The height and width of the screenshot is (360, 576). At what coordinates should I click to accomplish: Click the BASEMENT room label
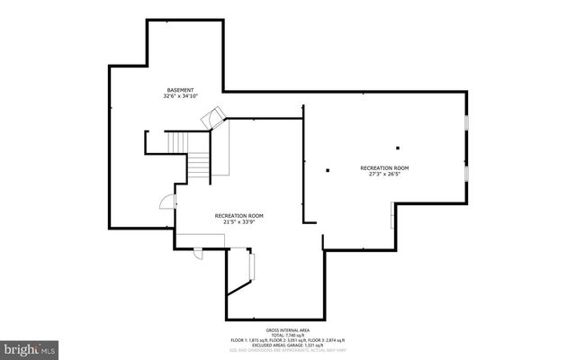pyautogui.click(x=180, y=90)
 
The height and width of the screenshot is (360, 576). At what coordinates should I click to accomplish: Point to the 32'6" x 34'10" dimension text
pyautogui.click(x=180, y=96)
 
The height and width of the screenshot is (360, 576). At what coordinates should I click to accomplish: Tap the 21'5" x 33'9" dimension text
pyautogui.click(x=238, y=221)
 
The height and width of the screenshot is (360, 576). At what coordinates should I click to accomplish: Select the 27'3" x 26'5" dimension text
pyautogui.click(x=384, y=175)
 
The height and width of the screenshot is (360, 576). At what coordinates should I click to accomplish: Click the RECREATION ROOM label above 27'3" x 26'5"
pyautogui.click(x=384, y=168)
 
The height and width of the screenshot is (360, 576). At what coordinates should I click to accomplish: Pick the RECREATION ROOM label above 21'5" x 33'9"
pyautogui.click(x=238, y=215)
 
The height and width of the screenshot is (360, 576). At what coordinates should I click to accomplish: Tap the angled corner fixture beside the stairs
pyautogui.click(x=214, y=115)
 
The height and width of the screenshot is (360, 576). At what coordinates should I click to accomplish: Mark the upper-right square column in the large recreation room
pyautogui.click(x=397, y=147)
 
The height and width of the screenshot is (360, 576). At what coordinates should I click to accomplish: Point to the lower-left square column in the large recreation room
pyautogui.click(x=328, y=169)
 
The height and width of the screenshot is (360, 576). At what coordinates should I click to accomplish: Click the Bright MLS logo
pyautogui.click(x=30, y=347)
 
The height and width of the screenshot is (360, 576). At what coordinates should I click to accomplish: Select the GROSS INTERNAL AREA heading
pyautogui.click(x=287, y=329)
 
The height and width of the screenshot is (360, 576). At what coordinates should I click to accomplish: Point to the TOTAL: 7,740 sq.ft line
pyautogui.click(x=287, y=335)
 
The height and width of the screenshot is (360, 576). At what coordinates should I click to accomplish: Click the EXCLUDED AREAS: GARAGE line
pyautogui.click(x=287, y=346)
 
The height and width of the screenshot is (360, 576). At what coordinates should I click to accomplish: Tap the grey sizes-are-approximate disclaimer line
pyautogui.click(x=287, y=351)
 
